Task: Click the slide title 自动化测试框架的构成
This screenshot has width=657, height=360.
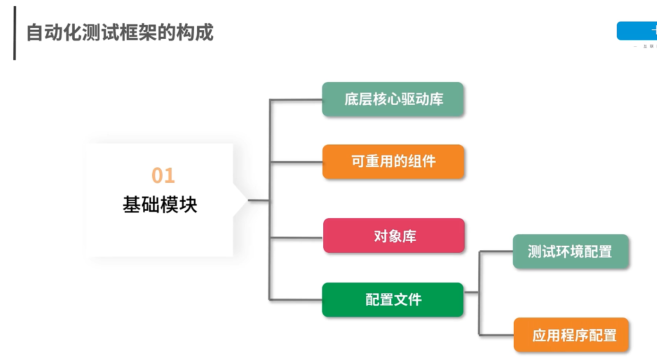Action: [x=120, y=33]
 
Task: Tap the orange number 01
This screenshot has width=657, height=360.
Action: [x=163, y=176]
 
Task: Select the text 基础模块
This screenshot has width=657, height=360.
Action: [x=160, y=205]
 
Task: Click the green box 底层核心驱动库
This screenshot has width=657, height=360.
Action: [x=393, y=99]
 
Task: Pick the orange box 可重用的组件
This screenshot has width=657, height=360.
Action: [x=393, y=162]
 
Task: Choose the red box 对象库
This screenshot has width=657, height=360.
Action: [x=394, y=235]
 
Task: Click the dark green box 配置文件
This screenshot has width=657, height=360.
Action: [x=393, y=300]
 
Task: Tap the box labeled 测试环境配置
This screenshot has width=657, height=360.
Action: [x=571, y=251]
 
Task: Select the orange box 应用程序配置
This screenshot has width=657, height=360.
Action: [x=571, y=335]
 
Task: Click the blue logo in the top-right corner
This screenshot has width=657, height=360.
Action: [x=637, y=31]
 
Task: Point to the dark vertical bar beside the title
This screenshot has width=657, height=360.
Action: [x=15, y=33]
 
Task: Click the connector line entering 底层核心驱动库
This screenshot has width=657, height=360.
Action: [x=296, y=100]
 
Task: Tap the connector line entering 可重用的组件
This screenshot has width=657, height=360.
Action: [x=296, y=162]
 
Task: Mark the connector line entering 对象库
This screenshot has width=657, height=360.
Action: [x=296, y=237]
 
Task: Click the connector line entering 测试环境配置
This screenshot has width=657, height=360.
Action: [x=496, y=251]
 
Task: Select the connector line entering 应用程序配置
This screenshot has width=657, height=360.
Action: [x=496, y=335]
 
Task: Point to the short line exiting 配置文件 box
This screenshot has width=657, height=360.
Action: [x=471, y=292]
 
